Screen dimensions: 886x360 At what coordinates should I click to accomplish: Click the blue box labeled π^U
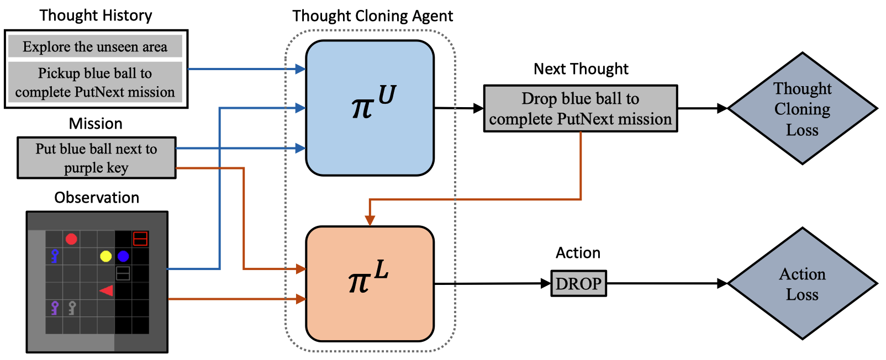point(370,108)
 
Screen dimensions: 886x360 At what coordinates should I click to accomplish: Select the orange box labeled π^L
point(370,284)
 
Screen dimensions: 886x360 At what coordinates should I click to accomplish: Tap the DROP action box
point(579,283)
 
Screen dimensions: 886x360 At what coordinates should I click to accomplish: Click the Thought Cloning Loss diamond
point(803,108)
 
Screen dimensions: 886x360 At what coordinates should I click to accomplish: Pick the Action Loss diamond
point(803,283)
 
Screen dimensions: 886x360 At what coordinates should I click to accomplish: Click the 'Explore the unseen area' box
point(95,46)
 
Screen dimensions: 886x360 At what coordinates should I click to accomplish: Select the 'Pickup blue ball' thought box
point(95,82)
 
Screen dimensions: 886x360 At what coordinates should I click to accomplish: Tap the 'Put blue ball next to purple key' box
point(97,158)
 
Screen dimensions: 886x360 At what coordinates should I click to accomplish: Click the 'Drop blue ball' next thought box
point(581,108)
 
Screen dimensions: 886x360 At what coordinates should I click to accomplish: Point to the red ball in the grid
point(71,239)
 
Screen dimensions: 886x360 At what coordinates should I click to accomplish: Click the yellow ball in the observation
point(106,256)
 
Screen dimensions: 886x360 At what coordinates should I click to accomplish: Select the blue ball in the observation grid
point(123,256)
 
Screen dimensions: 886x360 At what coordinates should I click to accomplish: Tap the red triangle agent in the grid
point(107,291)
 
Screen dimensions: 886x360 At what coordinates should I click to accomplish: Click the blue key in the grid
point(55,256)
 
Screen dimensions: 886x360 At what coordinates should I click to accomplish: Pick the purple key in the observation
point(55,308)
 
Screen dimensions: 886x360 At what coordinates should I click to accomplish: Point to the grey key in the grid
point(72,308)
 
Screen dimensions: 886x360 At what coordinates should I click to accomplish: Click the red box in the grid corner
point(140,239)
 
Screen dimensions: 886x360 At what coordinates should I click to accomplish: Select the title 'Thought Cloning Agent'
point(373,16)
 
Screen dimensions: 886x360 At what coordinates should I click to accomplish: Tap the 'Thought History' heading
point(96,15)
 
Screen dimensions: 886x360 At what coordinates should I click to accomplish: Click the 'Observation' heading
point(97,197)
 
